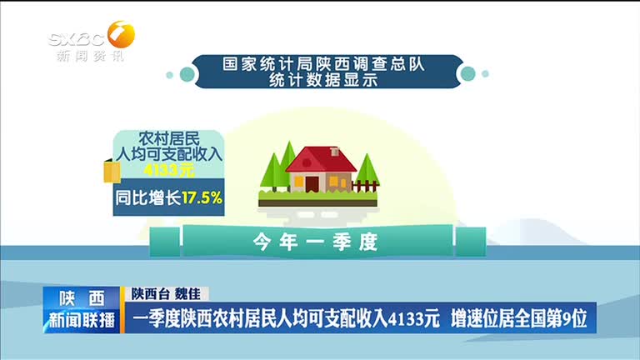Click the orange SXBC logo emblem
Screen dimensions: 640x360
tap(121, 35)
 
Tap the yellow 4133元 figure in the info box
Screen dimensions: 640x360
tap(169, 170)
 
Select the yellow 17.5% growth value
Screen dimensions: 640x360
tap(202, 198)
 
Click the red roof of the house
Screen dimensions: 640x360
tap(321, 159)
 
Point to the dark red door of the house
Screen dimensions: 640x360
tap(312, 183)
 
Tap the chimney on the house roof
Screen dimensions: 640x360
tap(335, 151)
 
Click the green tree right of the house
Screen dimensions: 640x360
tap(367, 172)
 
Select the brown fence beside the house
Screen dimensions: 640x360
tap(364, 186)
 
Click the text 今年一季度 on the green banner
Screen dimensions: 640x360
tap(315, 242)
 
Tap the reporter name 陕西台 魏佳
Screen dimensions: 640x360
tap(166, 294)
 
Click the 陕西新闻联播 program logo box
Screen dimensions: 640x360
tap(82, 310)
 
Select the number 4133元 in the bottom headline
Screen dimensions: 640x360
tap(414, 318)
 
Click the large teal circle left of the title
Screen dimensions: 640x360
tap(187, 74)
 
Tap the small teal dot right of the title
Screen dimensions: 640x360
tap(485, 74)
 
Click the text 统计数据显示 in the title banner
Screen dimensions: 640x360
tap(322, 80)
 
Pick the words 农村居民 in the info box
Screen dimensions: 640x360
tap(169, 139)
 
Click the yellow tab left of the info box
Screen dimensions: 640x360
tap(112, 172)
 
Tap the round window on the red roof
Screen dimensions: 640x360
tap(307, 162)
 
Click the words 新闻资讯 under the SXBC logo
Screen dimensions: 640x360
tap(90, 56)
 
